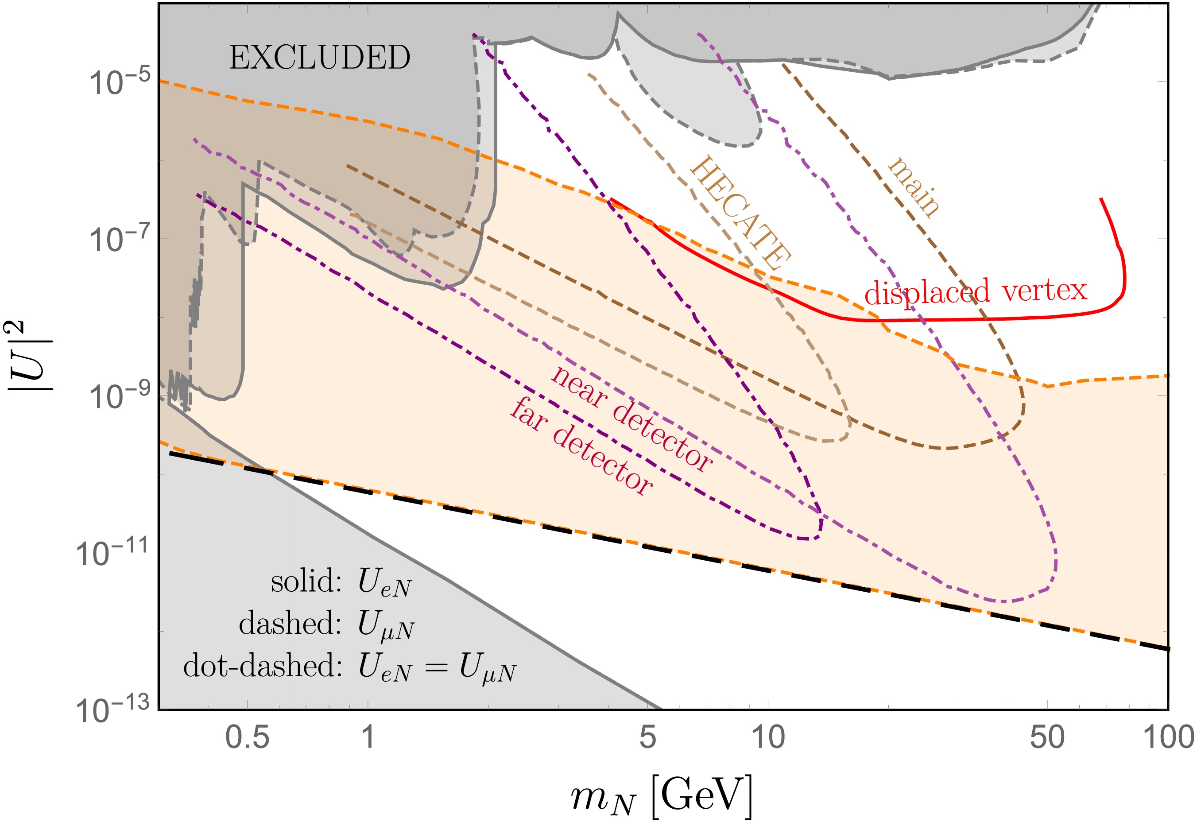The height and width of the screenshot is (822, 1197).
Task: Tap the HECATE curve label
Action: [740, 213]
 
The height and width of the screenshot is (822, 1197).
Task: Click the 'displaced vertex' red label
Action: [976, 291]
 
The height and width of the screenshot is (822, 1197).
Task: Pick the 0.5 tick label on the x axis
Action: [247, 737]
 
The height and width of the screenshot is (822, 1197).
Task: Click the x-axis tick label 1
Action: [367, 737]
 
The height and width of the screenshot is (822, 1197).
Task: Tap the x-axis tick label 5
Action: [647, 737]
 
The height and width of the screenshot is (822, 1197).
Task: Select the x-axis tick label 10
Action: [768, 737]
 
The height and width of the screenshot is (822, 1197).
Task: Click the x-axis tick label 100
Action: [1167, 737]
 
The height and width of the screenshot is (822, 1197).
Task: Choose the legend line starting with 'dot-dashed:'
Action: [350, 667]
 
